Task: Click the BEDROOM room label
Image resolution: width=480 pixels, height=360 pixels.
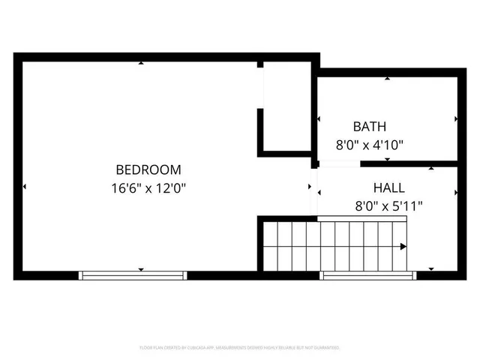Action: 148,170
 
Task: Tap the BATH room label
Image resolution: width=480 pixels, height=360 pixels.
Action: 370,127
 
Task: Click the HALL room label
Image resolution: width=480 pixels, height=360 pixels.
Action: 388,187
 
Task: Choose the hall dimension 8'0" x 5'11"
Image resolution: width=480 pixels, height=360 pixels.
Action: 388,205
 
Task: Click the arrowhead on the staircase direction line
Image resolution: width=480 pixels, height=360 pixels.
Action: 403,246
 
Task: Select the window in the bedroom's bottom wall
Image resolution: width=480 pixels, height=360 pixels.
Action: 133,275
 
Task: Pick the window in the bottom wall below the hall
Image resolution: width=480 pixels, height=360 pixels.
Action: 368,275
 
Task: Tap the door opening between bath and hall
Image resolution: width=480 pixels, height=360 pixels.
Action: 331,163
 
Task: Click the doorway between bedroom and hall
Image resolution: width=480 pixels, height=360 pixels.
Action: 314,189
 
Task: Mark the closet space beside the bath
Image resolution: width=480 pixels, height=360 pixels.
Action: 286,109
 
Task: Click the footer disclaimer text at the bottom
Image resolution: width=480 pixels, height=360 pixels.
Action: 240,348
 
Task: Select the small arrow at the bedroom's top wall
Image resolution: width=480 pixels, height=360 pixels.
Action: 141,62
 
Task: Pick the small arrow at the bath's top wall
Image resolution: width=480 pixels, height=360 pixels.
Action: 387,78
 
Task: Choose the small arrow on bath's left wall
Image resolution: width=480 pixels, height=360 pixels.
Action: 319,119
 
